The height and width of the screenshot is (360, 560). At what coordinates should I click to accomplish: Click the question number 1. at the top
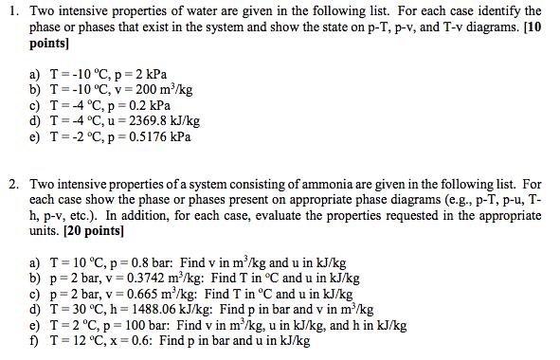point(13,11)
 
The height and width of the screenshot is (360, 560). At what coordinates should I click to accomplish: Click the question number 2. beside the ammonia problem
point(13,183)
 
